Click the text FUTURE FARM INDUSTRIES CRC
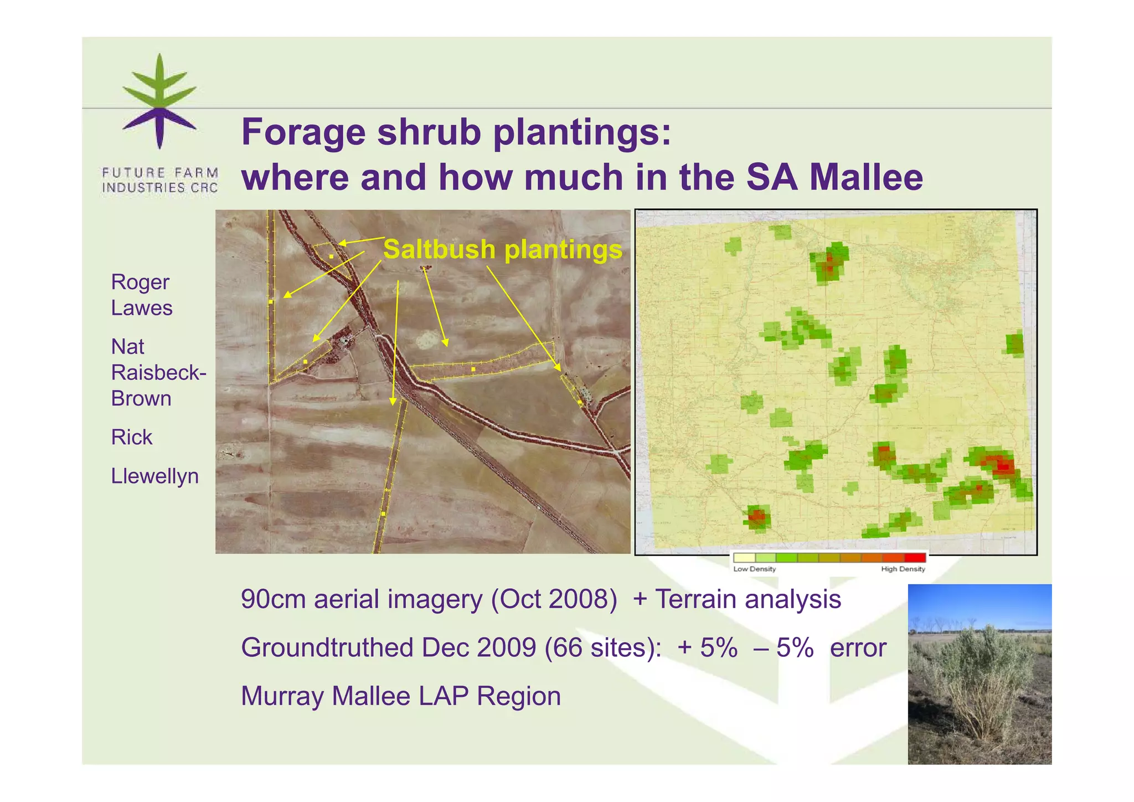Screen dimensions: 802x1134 [160, 181]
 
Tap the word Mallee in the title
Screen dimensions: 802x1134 [866, 177]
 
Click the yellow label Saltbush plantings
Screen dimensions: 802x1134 [502, 249]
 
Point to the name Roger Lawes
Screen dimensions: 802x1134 [141, 295]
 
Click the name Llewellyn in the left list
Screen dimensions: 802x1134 [154, 476]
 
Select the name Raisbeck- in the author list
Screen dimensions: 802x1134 [158, 373]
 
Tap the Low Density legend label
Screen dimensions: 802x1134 [754, 569]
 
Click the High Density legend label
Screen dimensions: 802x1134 [903, 569]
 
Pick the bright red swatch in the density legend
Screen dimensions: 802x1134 [915, 558]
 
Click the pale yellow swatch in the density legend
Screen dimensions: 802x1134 [744, 558]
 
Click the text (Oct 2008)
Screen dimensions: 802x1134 [554, 599]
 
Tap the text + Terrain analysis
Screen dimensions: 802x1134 [736, 599]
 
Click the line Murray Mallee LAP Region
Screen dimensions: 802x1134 [400, 696]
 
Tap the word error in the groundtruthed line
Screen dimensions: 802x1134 [858, 647]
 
